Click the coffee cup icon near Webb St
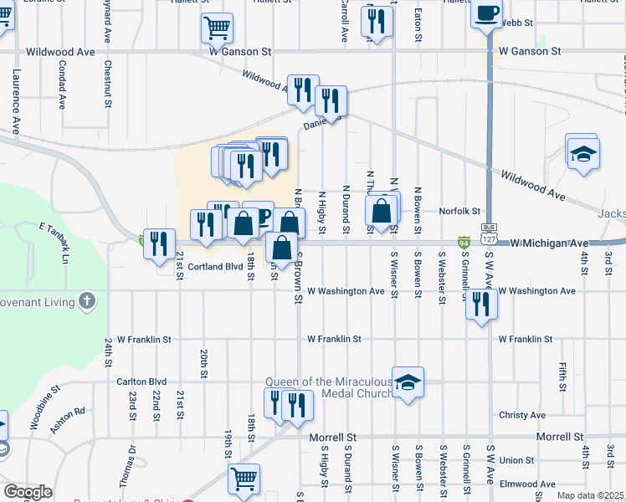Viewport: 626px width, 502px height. coord(487,13)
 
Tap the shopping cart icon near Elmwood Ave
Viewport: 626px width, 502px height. coord(244,479)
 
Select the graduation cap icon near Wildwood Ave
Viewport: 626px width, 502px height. coord(582,153)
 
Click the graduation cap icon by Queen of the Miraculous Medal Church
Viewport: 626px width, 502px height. coord(408,382)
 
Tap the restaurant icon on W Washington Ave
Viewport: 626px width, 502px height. coord(480,305)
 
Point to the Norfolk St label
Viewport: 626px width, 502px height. coord(462,212)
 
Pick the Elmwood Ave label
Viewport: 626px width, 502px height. coord(528,484)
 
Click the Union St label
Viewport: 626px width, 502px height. coord(516,460)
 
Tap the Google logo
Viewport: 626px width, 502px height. coord(28,492)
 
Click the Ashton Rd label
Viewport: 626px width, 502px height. coord(68,418)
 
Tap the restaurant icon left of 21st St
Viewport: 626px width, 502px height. coord(159,244)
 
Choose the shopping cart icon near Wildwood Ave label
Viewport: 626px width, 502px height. coord(217,28)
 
